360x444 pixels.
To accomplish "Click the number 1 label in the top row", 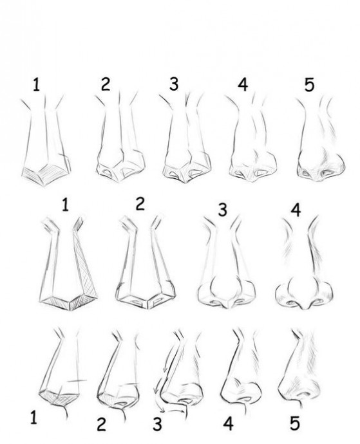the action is pos(36,84).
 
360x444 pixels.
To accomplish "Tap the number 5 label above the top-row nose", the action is pos(309,84).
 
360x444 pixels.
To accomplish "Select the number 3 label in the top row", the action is pos(174,84).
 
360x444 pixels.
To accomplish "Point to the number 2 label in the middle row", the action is pos(140,203).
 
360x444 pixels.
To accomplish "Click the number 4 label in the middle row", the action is pos(296,210).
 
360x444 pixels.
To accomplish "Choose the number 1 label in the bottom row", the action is pos(33,418).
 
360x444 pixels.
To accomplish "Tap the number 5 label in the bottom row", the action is pos(295,423).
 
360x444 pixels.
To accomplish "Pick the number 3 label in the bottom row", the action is pos(157,424).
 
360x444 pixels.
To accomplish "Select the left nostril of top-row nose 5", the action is pos(306,172).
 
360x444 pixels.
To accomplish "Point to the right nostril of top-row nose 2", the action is pos(128,172).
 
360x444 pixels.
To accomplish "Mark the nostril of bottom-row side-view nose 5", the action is pos(303,394).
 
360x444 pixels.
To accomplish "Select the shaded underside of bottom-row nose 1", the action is pos(59,397).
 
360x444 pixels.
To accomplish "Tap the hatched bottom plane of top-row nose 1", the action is pos(45,174).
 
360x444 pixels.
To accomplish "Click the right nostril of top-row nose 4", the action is pos(261,172).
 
